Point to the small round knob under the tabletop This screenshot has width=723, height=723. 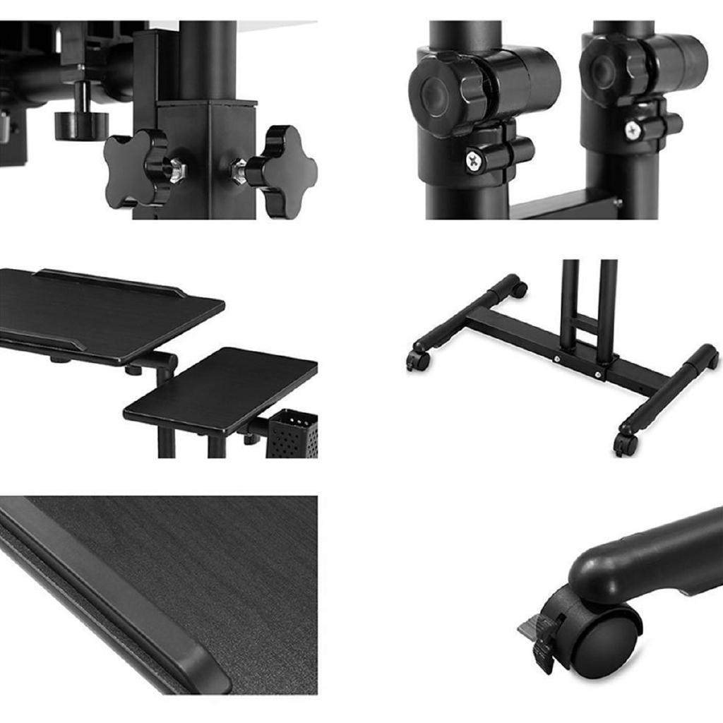81,124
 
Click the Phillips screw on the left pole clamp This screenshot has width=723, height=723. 472,161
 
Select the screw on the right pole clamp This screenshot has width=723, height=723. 633,129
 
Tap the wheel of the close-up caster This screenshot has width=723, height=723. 604,643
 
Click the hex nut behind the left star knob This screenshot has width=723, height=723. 176,171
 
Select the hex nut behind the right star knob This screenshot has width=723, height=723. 240,171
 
